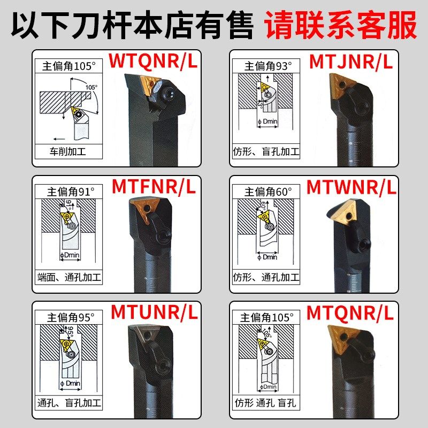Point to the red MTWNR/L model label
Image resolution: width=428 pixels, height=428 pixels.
(351, 187)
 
